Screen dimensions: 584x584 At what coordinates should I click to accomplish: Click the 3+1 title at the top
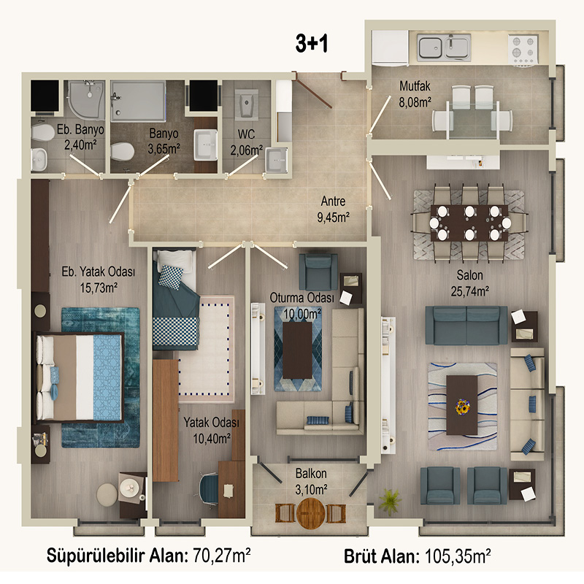click(x=312, y=43)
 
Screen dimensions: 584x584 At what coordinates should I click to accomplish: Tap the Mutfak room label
click(x=415, y=86)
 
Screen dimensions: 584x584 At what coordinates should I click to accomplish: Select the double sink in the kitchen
click(x=444, y=47)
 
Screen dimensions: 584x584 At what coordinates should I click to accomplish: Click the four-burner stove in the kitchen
click(x=523, y=49)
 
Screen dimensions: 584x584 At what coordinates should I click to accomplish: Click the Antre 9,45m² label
click(x=333, y=210)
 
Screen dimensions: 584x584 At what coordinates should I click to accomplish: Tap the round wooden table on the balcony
click(x=310, y=514)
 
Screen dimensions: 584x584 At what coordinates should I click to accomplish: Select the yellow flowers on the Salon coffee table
click(x=462, y=406)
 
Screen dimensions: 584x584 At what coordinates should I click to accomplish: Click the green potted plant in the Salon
click(x=390, y=502)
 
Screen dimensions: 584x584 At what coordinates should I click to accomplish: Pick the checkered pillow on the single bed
click(x=172, y=277)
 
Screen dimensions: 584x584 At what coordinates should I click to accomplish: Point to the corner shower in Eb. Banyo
click(x=86, y=100)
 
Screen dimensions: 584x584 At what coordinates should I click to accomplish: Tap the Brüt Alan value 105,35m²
click(x=458, y=556)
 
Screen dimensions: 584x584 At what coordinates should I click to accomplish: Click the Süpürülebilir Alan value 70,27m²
click(x=222, y=556)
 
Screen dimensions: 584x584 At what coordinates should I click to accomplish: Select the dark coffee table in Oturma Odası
click(x=297, y=350)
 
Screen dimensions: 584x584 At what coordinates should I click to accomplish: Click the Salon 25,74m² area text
click(x=469, y=291)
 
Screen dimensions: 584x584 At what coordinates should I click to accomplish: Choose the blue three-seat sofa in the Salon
click(x=466, y=325)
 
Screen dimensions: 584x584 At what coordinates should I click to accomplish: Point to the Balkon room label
click(x=311, y=473)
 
